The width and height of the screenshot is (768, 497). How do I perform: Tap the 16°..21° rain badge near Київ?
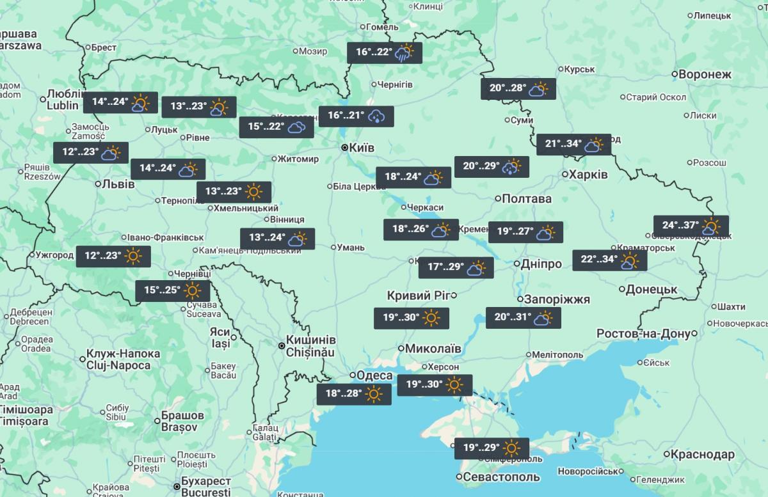coord(356,116)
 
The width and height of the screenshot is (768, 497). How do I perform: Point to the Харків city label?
coord(589,175)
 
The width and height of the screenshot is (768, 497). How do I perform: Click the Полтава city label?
coord(527,199)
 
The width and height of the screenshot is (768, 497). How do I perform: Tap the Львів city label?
coord(119,184)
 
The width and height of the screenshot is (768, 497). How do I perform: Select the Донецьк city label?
coord(652,290)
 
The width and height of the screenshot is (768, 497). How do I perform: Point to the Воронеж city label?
coord(704,74)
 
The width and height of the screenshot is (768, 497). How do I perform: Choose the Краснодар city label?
coord(703,455)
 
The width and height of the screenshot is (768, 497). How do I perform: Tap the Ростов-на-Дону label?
coord(643,334)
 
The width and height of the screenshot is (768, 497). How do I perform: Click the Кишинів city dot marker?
coord(282,345)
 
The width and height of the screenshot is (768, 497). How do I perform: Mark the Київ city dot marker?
coord(344,148)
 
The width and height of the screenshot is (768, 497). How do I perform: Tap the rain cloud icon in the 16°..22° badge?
coord(404,52)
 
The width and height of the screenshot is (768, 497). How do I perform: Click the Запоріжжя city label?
coord(557,299)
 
